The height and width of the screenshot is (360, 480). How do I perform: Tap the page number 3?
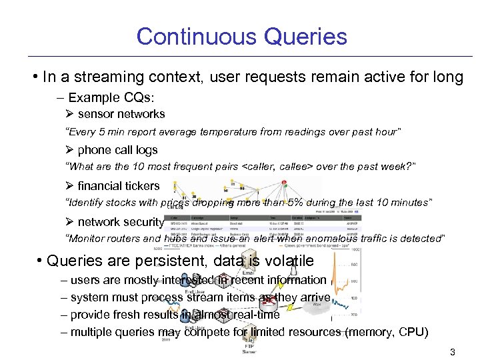pos(452,351)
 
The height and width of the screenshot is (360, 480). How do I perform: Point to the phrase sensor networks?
pos(121,114)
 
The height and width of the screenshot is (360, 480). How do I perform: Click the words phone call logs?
pos(117,150)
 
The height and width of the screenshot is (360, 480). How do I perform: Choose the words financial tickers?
pos(119,186)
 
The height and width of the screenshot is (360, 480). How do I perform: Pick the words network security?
pos(121,222)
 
